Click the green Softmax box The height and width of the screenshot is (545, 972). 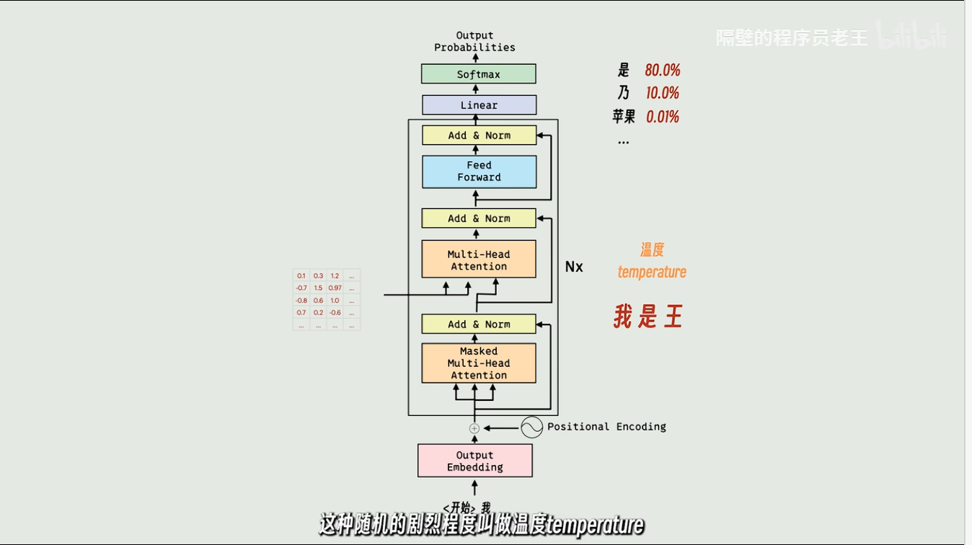[x=478, y=74]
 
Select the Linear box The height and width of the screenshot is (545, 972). [x=479, y=105]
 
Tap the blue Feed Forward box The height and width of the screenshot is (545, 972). [x=479, y=172]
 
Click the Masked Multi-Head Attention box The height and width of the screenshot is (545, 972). [x=479, y=363]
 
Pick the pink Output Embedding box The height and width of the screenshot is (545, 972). [x=474, y=461]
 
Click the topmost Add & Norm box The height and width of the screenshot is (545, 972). [x=479, y=136]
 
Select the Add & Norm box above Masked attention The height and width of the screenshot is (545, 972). [x=479, y=324]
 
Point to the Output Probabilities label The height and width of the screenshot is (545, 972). [x=474, y=41]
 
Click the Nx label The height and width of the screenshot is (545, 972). [x=574, y=267]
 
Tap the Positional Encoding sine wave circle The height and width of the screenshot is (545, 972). [x=531, y=427]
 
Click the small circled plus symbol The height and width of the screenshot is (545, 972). [x=474, y=428]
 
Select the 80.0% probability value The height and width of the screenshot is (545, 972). [x=663, y=70]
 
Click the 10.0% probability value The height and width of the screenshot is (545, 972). [x=662, y=93]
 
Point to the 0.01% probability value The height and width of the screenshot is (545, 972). [x=662, y=117]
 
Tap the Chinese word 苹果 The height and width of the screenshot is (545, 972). [x=624, y=117]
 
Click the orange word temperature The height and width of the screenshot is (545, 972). [x=652, y=272]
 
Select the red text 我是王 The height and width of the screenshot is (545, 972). [x=648, y=316]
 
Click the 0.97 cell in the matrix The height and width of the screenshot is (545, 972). [x=335, y=288]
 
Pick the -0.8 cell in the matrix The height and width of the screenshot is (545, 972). [x=301, y=301]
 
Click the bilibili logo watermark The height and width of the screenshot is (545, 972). [x=911, y=36]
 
